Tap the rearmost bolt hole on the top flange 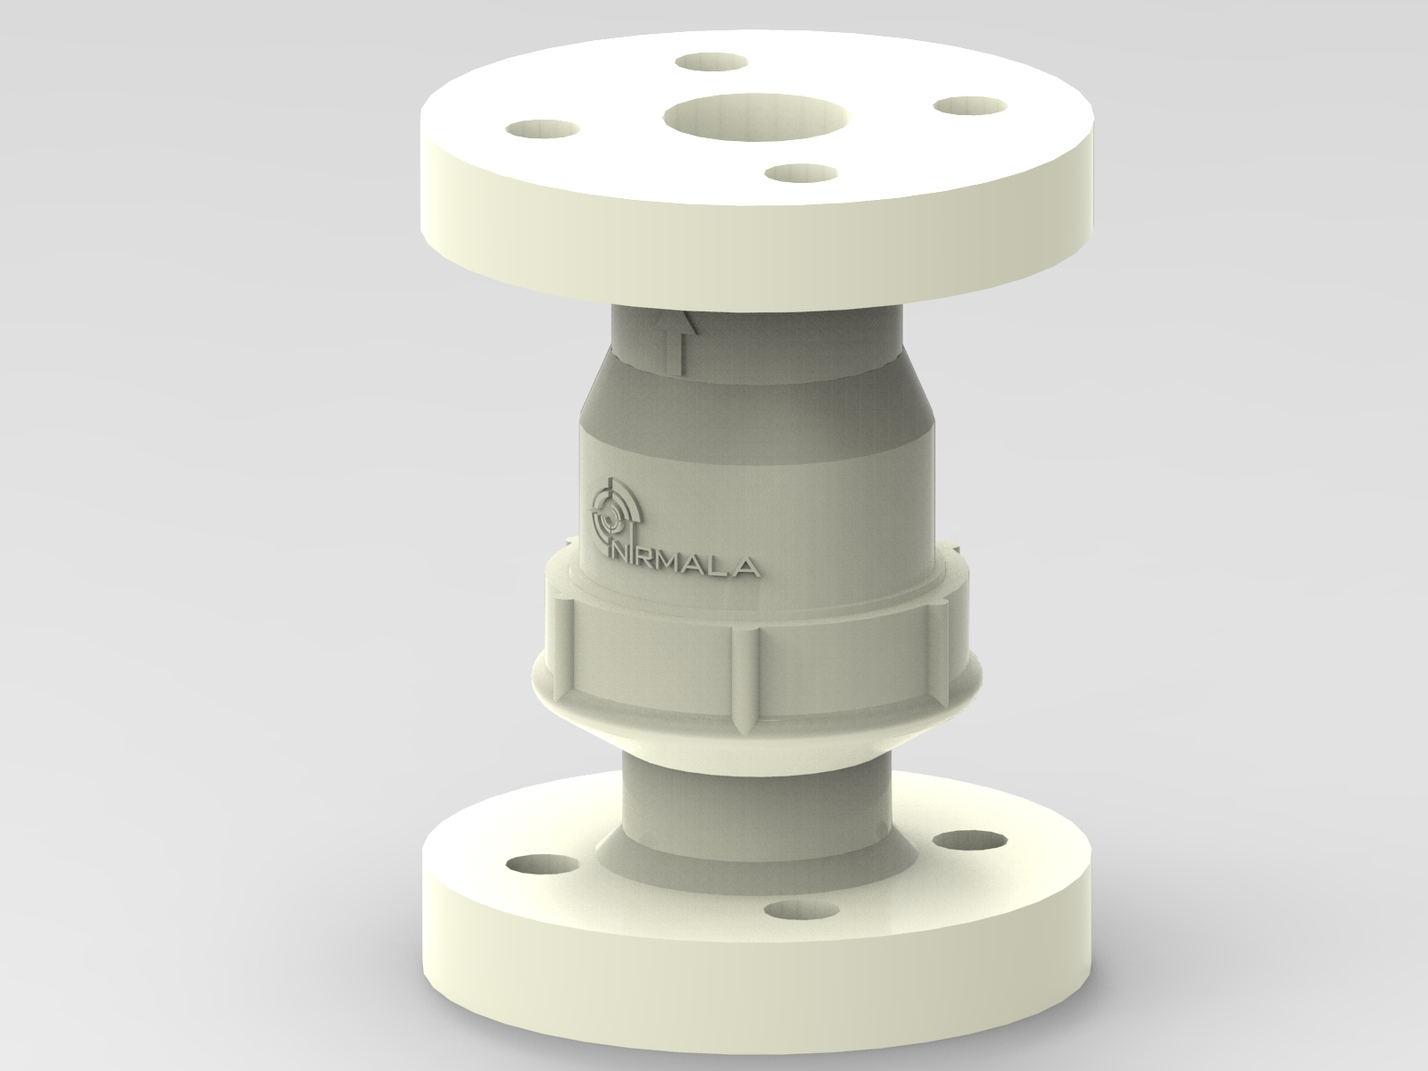tap(710, 62)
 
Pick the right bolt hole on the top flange tap(969, 105)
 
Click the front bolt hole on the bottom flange tap(793, 909)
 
